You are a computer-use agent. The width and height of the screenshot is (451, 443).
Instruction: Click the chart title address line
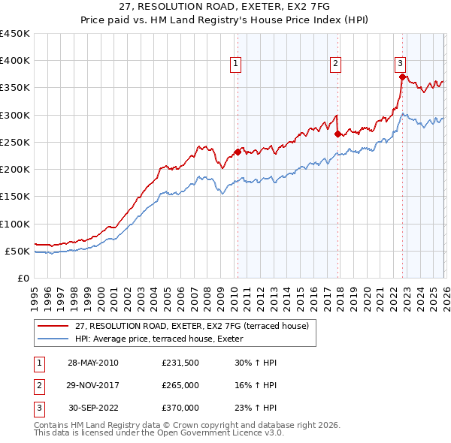click(225, 5)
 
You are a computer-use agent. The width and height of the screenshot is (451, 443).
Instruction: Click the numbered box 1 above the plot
click(236, 65)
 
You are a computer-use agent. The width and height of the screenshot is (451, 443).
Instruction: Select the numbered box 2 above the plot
click(334, 65)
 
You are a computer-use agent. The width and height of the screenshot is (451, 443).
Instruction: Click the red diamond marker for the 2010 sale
click(238, 152)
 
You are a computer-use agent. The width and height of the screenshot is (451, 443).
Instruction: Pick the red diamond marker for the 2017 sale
click(337, 134)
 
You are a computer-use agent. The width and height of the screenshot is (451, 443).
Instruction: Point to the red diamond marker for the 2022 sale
click(402, 77)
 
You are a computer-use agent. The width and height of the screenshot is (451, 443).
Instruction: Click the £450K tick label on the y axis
click(15, 34)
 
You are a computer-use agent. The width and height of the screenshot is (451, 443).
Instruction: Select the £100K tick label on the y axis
click(15, 224)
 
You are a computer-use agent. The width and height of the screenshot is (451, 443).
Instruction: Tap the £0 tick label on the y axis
click(23, 278)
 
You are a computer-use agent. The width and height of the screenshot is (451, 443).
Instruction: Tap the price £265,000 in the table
click(180, 385)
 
